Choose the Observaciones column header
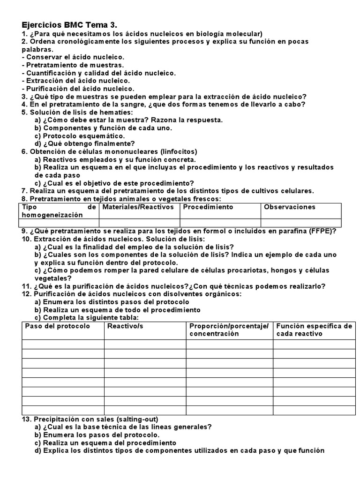click(x=289, y=207)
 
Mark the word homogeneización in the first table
click(x=52, y=215)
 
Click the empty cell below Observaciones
click(x=300, y=223)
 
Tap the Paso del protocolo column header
click(x=57, y=326)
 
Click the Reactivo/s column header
click(x=125, y=326)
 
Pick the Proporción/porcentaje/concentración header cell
click(x=229, y=330)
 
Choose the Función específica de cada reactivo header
click(x=314, y=330)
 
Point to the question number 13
click(x=26, y=419)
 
